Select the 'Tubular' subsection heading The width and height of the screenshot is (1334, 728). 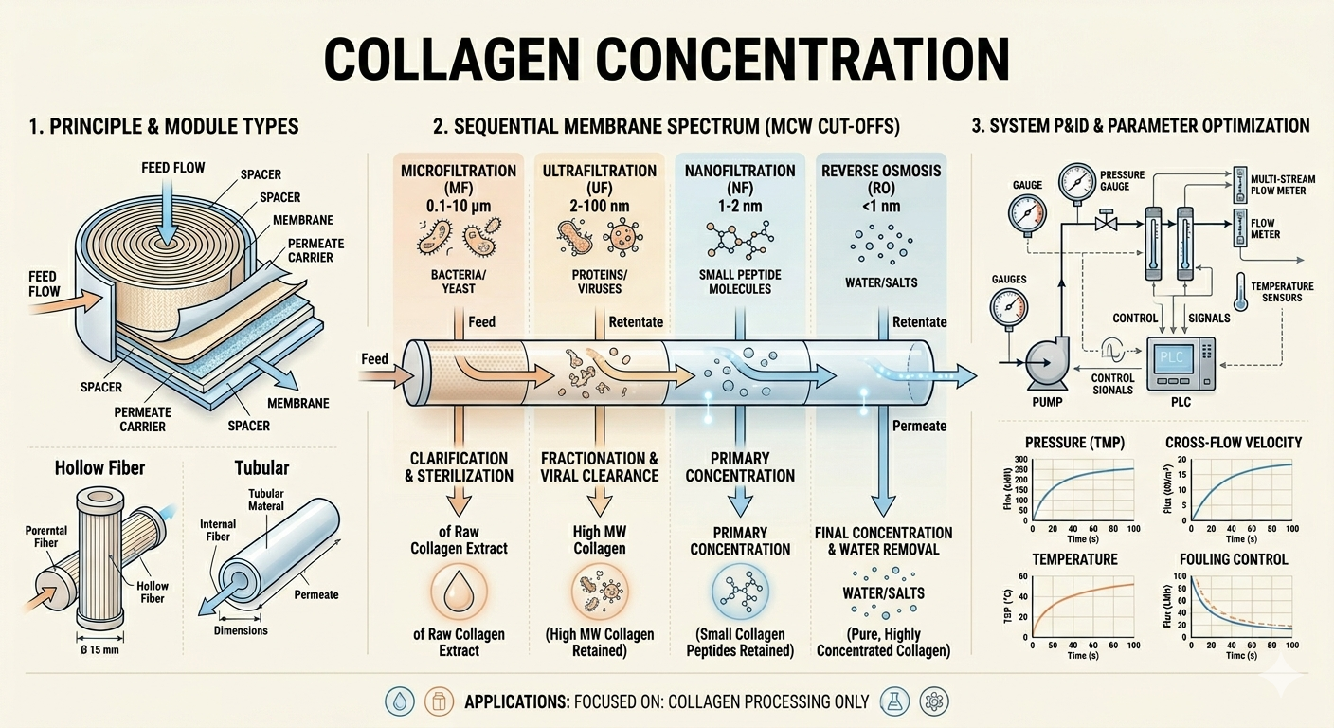click(x=261, y=467)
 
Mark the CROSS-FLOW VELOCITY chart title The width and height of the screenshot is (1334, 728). click(x=1235, y=443)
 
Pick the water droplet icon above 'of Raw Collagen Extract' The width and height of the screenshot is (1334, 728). click(x=459, y=591)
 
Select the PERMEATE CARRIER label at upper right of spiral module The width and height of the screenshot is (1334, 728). click(x=315, y=250)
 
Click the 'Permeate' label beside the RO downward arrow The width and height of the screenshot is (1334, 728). click(x=920, y=426)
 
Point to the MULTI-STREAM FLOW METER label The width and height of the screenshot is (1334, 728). click(x=1278, y=184)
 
